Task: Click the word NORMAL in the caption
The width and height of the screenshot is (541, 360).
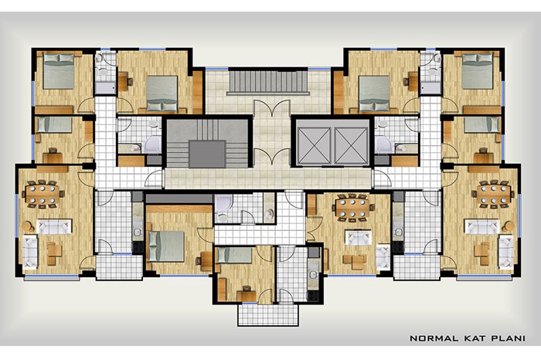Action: click(433, 338)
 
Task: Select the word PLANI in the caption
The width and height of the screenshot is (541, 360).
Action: click(508, 338)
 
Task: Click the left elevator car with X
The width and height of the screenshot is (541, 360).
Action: click(314, 144)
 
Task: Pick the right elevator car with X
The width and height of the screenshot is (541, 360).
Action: click(351, 144)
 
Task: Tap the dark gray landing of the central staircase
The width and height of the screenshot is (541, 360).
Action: click(207, 154)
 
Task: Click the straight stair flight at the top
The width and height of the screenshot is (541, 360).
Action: click(268, 82)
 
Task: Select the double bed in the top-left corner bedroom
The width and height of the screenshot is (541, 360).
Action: click(59, 71)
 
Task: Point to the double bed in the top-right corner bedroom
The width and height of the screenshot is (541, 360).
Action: click(477, 71)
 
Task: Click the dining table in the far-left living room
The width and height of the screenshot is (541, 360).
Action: click(43, 194)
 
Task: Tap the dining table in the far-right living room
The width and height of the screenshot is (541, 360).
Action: click(493, 194)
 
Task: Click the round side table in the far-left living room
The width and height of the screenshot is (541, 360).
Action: click(28, 226)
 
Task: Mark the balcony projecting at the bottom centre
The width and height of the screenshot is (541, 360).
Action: click(267, 314)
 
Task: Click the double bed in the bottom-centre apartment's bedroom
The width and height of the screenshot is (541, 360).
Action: click(166, 246)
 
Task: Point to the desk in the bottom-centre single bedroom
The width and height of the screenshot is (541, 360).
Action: click(247, 296)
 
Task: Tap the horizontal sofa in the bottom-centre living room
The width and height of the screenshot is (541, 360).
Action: click(359, 238)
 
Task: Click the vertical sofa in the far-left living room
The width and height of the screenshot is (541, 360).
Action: click(30, 252)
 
